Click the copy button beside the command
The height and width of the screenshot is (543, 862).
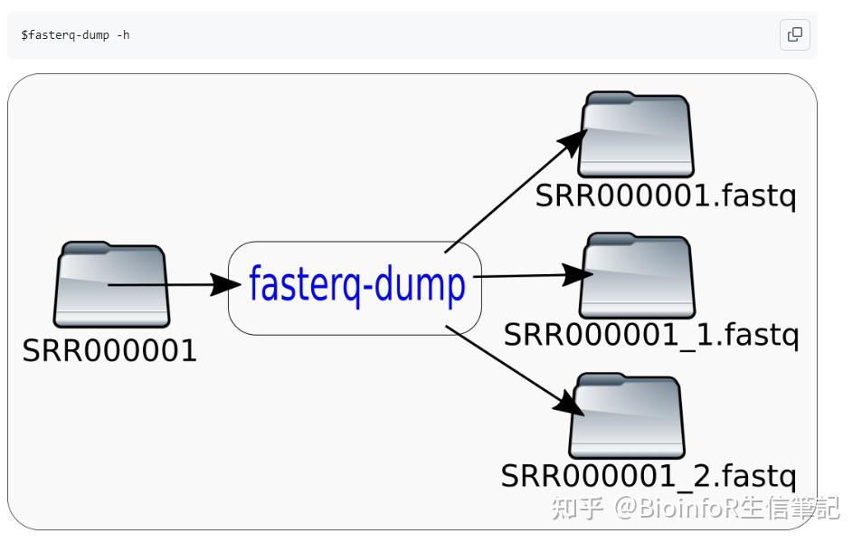tap(794, 34)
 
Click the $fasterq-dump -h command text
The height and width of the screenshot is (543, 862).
tap(75, 35)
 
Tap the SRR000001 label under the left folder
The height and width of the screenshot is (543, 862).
tap(109, 350)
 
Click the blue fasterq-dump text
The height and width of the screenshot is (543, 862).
tap(356, 284)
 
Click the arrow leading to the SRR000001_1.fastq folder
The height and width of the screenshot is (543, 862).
tap(525, 275)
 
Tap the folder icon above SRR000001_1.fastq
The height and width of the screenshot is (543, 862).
tap(637, 276)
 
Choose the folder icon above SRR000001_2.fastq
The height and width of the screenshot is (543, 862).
tap(626, 416)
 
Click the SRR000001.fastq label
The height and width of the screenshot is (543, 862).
tap(665, 195)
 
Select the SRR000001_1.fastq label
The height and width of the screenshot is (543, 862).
tap(650, 335)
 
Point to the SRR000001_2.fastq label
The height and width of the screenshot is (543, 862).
tap(649, 476)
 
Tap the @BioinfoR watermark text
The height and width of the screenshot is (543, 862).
tap(678, 508)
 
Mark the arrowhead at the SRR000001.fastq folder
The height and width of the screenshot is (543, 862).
tap(573, 142)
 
